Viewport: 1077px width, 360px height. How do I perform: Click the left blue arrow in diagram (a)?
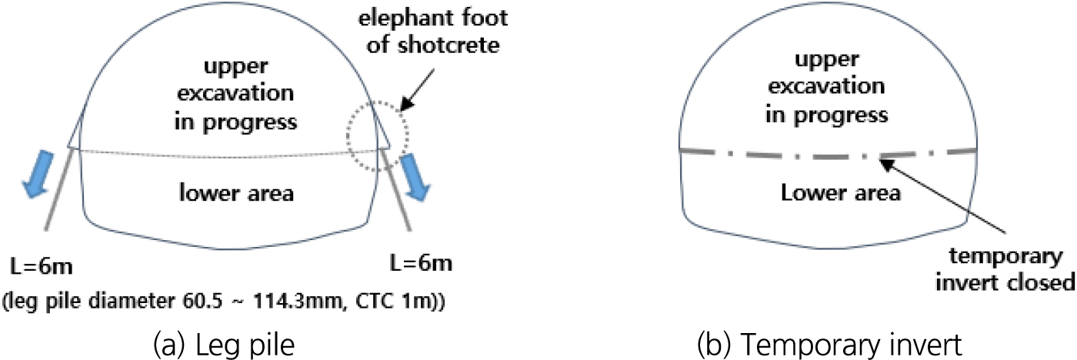tap(38, 174)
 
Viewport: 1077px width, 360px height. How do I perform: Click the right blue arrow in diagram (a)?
tap(415, 177)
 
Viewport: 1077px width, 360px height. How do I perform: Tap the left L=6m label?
tap(42, 266)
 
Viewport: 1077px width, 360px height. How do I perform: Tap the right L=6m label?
tap(422, 263)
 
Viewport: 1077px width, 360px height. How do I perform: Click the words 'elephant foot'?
tap(432, 18)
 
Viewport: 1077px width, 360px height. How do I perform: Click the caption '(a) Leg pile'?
tap(224, 345)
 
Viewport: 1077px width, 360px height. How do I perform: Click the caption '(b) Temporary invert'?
tap(829, 345)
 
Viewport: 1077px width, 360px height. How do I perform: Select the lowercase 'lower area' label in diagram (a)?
tap(237, 193)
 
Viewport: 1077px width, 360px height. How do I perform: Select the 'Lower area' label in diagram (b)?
tap(840, 193)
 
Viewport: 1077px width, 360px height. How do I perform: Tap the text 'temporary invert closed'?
tap(1005, 269)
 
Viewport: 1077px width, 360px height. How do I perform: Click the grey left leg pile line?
tap(60, 189)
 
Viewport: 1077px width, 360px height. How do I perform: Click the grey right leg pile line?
tap(397, 189)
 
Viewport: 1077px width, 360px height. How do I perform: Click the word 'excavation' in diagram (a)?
tap(235, 93)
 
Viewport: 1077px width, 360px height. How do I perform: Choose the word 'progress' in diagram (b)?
tap(840, 116)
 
